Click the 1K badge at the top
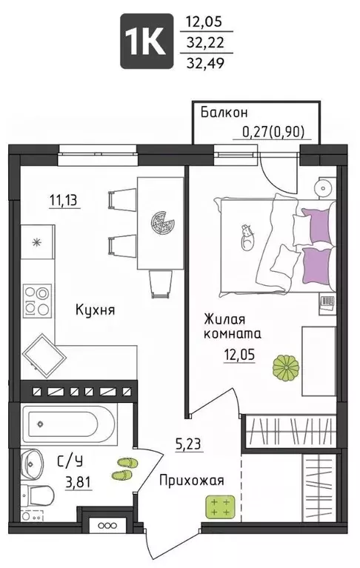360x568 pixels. click(x=147, y=42)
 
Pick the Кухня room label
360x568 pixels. click(x=95, y=310)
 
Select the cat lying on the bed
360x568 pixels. click(x=245, y=235)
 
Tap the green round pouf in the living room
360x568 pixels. click(x=285, y=367)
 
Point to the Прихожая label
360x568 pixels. click(x=191, y=481)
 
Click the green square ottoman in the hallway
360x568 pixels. click(x=219, y=508)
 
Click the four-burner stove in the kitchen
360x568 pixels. click(x=36, y=301)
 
